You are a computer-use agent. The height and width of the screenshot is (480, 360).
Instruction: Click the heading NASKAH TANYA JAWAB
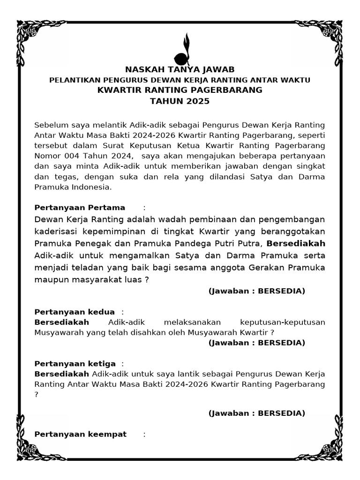[x=180, y=70]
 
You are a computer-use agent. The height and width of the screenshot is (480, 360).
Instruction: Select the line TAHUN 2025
[x=180, y=101]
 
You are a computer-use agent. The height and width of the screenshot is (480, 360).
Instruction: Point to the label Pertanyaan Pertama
[x=80, y=208]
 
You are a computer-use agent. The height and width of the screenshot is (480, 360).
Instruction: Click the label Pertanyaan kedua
[x=75, y=312]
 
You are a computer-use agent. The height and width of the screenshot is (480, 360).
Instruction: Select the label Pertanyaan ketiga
[x=75, y=364]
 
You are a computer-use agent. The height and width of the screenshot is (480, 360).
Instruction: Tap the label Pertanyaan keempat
[x=81, y=434]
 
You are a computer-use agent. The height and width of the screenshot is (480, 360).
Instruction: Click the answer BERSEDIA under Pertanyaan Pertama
[x=282, y=291]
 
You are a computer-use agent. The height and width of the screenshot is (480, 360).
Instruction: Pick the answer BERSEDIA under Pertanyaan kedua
[x=282, y=343]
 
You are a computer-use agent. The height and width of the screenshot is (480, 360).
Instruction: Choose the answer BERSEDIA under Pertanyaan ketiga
[x=282, y=413]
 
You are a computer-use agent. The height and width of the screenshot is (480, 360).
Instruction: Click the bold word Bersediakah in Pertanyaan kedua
[x=62, y=322]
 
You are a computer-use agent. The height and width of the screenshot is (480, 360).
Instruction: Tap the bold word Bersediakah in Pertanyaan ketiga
[x=62, y=374]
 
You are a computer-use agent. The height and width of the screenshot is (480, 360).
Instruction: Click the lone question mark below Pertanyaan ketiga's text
[x=37, y=394]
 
